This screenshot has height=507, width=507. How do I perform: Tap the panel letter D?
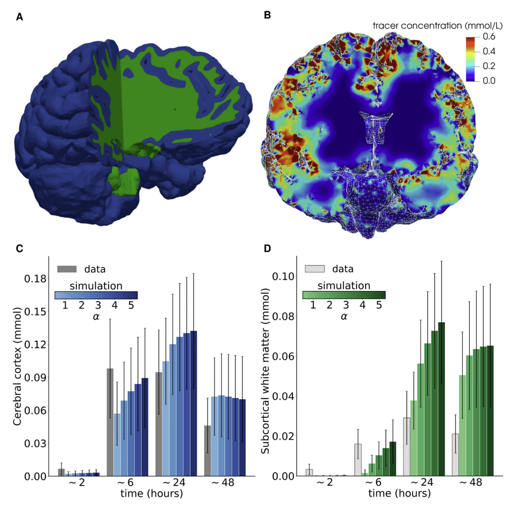coord(267,248)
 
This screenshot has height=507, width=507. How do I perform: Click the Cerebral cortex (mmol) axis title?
coord(18,367)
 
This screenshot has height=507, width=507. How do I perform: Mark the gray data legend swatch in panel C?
coord(67,269)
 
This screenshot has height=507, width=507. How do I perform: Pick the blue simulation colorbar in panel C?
coord(96,295)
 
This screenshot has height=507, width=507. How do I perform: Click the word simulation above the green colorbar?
coord(344,284)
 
